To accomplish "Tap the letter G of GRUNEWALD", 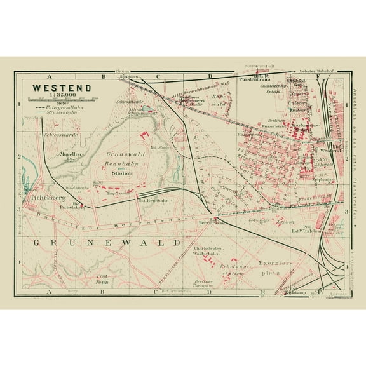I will click(34, 243).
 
